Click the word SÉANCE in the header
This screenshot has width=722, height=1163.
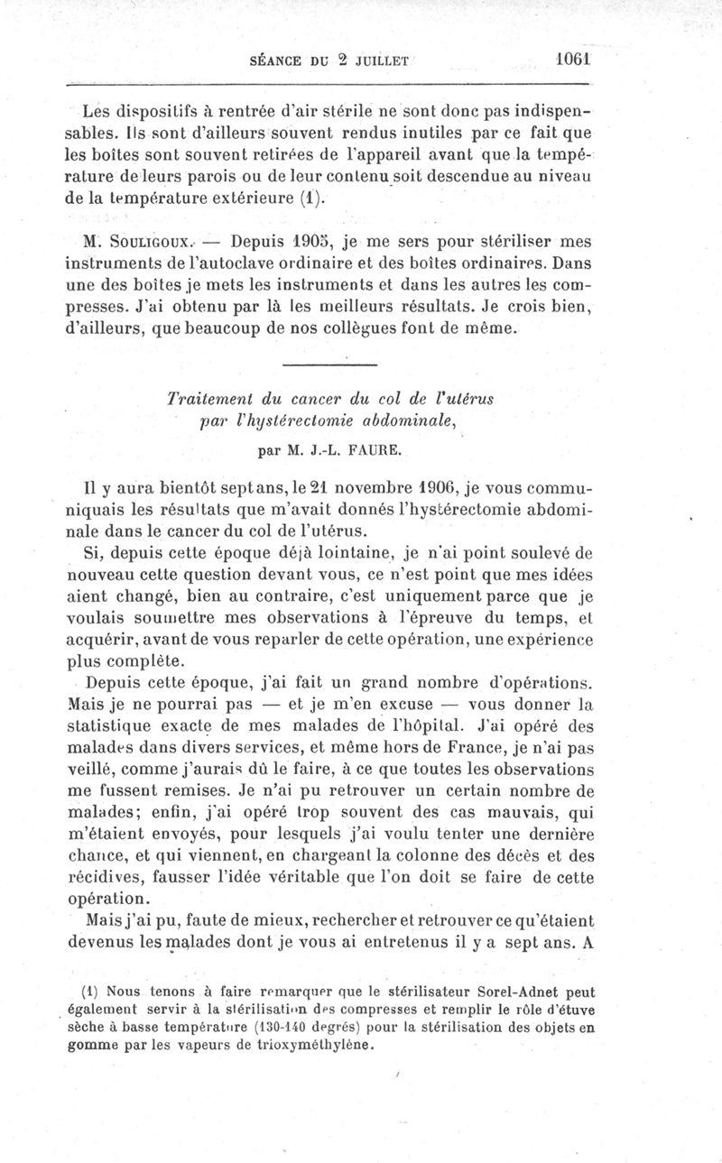(274, 61)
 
